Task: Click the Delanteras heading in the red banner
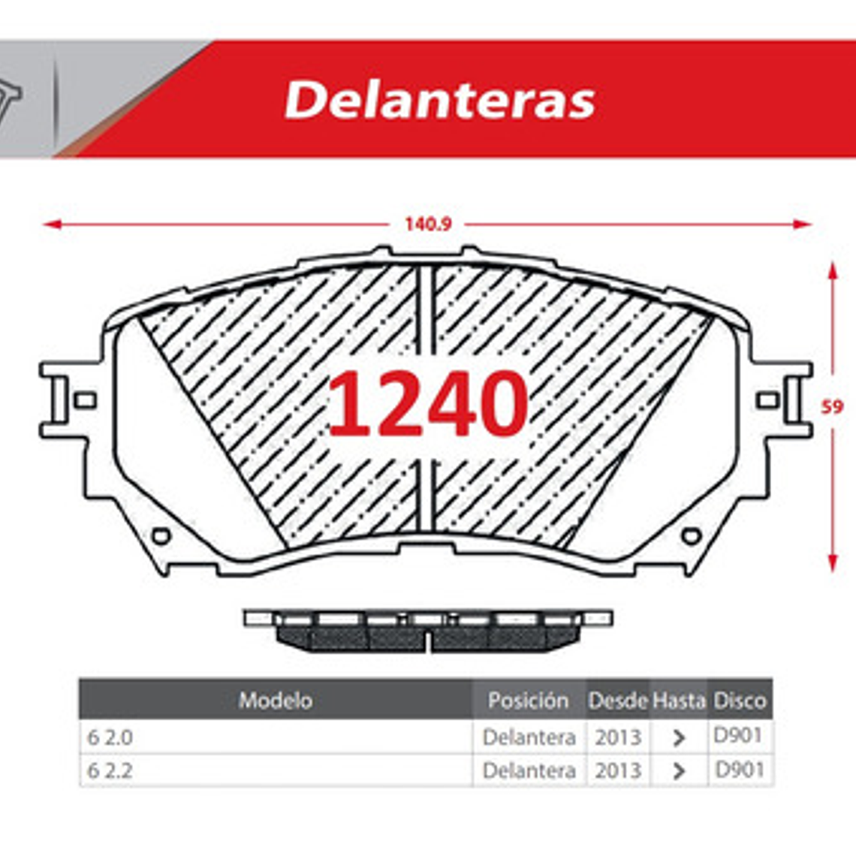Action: point(440,100)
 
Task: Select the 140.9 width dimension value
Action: point(428,224)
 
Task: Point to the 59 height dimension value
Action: point(832,407)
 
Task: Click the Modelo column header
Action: point(275,701)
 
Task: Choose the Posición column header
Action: point(528,701)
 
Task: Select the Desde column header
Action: point(617,701)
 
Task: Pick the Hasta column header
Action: point(678,701)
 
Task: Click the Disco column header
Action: point(740,701)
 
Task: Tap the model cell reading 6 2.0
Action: point(110,737)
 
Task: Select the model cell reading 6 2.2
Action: point(110,770)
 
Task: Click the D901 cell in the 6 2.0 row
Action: point(738,736)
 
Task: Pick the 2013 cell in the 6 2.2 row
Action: point(618,770)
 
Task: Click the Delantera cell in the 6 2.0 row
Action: point(529,737)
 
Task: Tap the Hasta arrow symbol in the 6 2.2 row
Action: point(679,771)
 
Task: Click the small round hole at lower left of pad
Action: point(161,535)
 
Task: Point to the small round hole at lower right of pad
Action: point(692,535)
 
